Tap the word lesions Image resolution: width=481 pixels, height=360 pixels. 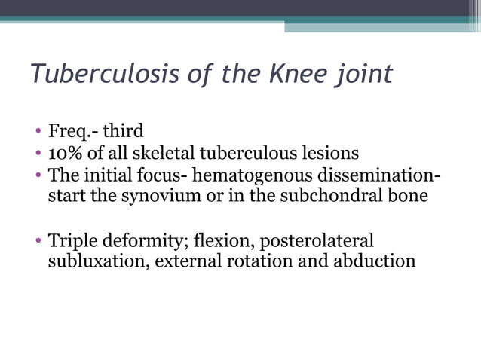(x=330, y=154)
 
